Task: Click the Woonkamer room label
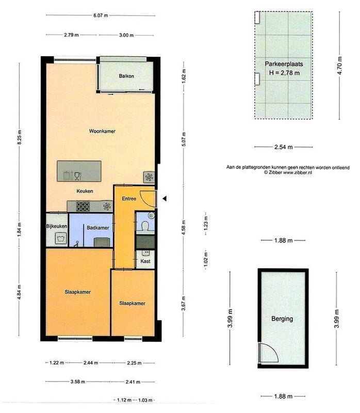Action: pos(102,131)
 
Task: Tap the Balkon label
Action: pos(126,76)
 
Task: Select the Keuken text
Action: pos(85,191)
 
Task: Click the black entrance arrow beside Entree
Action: pos(165,199)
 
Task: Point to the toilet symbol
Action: pos(145,226)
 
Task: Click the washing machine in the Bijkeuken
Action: pos(61,239)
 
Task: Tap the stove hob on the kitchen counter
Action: pos(83,206)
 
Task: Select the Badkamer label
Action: pos(98,228)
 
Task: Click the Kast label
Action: pos(145,261)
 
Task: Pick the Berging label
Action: pos(282,319)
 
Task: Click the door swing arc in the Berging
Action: pos(274,350)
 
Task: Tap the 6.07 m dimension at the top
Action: pos(101,15)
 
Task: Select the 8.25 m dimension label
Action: pos(20,137)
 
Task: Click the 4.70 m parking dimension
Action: pos(339,66)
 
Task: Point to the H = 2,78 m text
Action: pos(284,73)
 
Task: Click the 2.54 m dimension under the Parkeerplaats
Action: pos(284,147)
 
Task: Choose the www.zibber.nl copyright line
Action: pos(288,172)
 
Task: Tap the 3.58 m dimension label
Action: pos(78,382)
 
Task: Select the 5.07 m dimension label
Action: pos(184,139)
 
